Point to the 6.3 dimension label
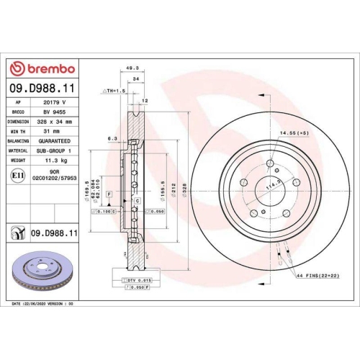click(112, 138)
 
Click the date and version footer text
click(44, 305)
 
